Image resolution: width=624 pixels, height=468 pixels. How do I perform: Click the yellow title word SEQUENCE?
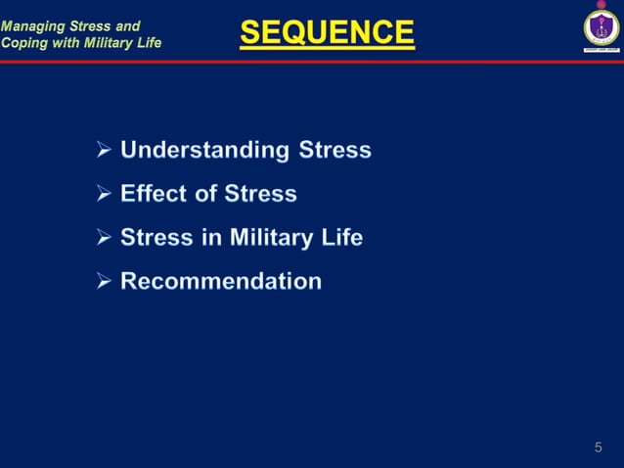[x=327, y=34]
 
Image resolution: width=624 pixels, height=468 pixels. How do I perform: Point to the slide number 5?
[x=598, y=447]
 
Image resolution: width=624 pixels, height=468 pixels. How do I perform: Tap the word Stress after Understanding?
[x=334, y=151]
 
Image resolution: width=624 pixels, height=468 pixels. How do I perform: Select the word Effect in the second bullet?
[x=153, y=194]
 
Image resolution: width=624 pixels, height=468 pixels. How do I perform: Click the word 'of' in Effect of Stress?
[x=204, y=194]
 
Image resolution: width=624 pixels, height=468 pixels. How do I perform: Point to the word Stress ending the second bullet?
[x=260, y=194]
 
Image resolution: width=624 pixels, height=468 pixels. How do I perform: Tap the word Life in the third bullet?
[x=342, y=238]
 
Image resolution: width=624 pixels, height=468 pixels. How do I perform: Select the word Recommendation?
[x=221, y=282]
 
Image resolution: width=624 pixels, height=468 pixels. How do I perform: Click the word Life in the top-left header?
[x=147, y=42]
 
